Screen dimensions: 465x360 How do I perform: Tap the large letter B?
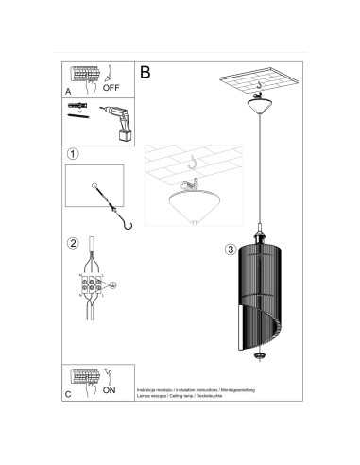(x=146, y=71)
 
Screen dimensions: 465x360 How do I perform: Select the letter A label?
(x=68, y=92)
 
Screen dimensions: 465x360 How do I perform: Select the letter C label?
(x=68, y=395)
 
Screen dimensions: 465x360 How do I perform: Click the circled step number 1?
(x=72, y=152)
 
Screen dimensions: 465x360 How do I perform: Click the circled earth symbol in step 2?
(x=112, y=284)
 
